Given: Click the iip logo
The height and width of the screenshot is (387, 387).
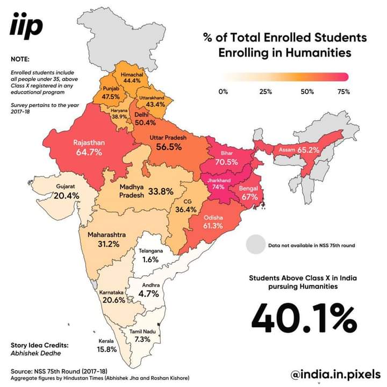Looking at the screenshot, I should pos(26,27).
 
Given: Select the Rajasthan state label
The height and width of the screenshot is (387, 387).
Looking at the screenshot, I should pos(89,143).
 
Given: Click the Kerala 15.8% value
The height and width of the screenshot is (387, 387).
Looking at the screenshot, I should pos(107,349).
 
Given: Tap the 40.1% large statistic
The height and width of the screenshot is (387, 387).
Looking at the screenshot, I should pos(304,318).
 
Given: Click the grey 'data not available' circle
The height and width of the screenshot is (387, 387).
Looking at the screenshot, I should pos(256,245).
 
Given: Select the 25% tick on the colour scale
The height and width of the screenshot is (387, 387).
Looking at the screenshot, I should pos(266,91).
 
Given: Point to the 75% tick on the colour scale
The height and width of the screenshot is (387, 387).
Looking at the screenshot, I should pos(343,91).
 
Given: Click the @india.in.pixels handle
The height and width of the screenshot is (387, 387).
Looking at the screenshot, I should pos(335,374).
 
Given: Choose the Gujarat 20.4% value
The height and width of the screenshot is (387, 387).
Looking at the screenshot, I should pos(67,196).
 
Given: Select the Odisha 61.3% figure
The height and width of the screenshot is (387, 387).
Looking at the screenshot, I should pos(213,225).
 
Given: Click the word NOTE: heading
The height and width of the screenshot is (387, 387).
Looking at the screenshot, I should pos(20,59).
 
